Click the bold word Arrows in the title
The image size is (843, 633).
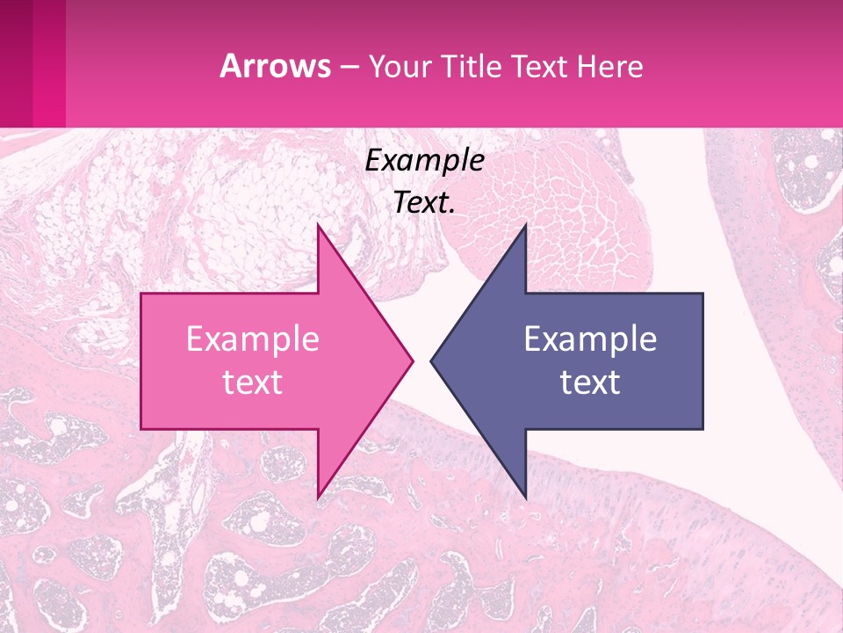[x=276, y=67]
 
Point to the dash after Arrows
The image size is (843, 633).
[x=349, y=67]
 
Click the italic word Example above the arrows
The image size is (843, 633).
[x=424, y=161]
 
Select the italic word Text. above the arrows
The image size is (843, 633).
[x=424, y=203]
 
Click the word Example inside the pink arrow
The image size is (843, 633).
[x=252, y=339]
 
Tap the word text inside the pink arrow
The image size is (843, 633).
[x=252, y=382]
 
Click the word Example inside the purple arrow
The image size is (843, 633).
[x=590, y=339]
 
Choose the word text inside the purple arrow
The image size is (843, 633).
[x=590, y=382]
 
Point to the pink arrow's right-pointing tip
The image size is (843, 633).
[x=411, y=361]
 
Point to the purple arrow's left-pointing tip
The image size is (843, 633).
[x=433, y=361]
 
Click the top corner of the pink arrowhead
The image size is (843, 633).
[x=318, y=227]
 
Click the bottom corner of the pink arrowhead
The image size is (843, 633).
[x=318, y=496]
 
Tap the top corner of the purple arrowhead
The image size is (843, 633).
[x=525, y=227]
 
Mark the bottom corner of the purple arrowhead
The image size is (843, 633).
[x=525, y=496]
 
